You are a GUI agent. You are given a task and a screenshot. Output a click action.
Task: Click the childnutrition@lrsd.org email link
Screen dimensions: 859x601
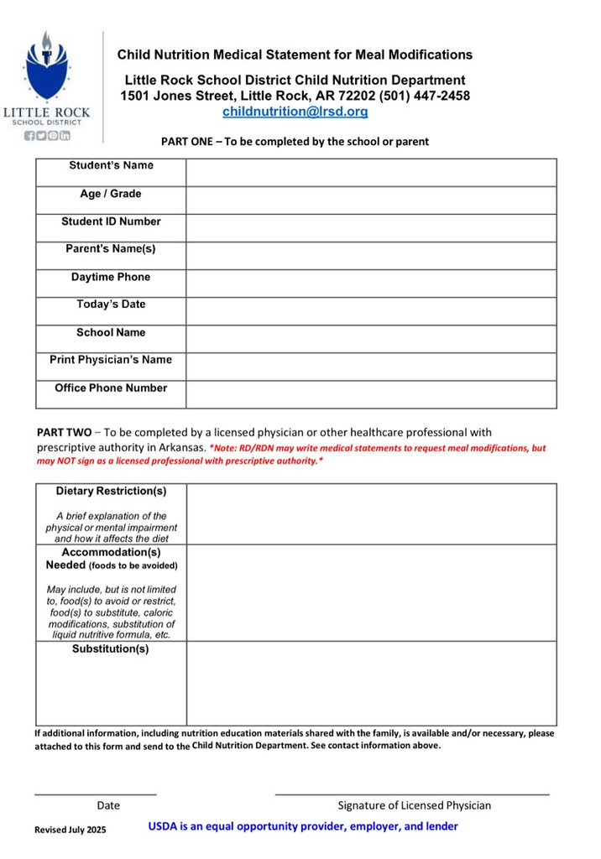[295, 111]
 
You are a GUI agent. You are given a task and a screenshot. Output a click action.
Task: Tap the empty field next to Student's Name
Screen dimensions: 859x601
[371, 172]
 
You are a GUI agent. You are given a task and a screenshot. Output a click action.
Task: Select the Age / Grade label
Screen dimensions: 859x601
[111, 194]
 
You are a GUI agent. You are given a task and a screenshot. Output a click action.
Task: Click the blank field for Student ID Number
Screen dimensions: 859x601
[371, 227]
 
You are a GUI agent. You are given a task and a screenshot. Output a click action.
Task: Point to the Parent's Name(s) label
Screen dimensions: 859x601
[111, 249]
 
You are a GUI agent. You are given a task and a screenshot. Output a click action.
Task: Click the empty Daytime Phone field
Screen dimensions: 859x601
[371, 283]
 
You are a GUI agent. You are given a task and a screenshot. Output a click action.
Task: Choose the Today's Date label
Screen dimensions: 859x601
[111, 305]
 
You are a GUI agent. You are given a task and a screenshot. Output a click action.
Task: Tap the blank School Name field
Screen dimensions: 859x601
[371, 338]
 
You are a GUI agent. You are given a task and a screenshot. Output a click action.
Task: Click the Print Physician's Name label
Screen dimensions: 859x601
[111, 360]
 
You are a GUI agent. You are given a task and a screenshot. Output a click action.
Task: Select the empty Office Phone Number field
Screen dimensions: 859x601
[371, 393]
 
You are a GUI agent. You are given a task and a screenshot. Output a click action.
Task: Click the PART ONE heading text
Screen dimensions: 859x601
[295, 142]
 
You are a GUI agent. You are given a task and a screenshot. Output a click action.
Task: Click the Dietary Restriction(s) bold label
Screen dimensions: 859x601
[111, 491]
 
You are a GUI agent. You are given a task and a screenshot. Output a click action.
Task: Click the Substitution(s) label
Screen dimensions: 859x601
[111, 649]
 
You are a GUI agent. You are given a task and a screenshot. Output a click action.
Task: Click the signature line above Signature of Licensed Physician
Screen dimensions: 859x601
[412, 793]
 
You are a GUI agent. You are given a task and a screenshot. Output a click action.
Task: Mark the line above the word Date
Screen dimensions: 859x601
[95, 793]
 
